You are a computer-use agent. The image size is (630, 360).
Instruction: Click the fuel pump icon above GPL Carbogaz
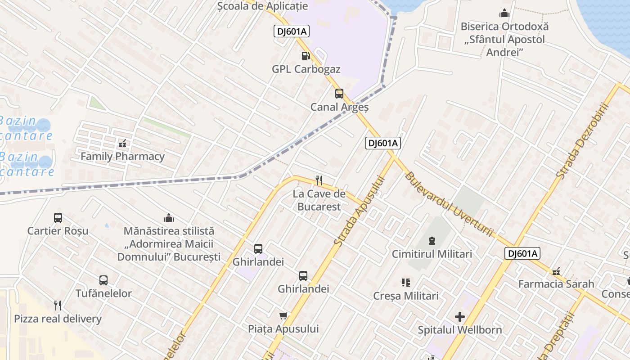(306, 56)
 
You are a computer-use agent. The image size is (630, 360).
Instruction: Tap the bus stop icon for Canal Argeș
(339, 94)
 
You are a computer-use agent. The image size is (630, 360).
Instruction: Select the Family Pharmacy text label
(122, 157)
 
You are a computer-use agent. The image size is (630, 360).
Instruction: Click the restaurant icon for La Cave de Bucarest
(319, 180)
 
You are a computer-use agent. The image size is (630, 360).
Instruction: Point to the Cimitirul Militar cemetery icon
(432, 240)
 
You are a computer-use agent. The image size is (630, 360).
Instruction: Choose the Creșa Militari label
(405, 296)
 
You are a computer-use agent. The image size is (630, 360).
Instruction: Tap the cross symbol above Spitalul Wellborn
(459, 316)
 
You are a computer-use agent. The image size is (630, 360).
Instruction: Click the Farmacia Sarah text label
(556, 284)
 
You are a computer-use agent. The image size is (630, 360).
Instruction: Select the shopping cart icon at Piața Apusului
(283, 315)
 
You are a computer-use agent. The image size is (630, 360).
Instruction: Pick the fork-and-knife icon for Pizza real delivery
(58, 306)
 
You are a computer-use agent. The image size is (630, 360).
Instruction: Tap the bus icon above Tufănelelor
(103, 280)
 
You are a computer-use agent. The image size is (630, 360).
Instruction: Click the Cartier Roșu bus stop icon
(58, 218)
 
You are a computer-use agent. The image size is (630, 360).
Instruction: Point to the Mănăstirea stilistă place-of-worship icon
(169, 218)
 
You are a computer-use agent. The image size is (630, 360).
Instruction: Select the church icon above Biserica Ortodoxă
(504, 13)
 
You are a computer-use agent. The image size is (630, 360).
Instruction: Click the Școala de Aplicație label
(262, 6)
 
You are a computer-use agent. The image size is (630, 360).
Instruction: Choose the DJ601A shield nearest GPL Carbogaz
(292, 31)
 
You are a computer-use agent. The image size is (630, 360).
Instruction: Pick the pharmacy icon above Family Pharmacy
(122, 144)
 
